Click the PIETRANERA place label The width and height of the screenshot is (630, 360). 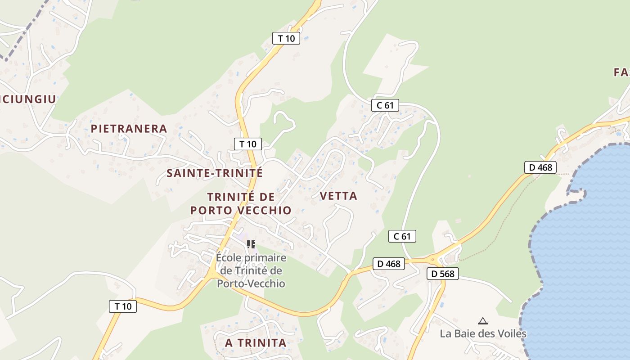coord(129,129)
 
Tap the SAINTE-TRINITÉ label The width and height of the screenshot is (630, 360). coord(214,173)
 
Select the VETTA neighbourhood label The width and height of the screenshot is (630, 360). coord(338,196)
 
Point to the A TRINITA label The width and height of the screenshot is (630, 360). coord(256,343)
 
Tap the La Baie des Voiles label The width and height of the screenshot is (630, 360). coord(483,334)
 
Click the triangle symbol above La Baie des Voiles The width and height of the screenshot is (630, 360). coord(483,321)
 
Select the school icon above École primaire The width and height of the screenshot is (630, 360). coord(251,244)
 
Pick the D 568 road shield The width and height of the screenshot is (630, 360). coord(442,274)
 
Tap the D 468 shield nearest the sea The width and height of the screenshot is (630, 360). coord(540,168)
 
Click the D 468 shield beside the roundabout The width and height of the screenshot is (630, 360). coord(388,264)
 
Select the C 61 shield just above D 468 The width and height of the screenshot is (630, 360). coord(402,236)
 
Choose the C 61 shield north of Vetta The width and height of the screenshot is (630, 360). coord(385,105)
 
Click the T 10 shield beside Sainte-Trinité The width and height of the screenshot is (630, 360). coord(247,144)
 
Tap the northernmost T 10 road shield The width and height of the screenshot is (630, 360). coord(286,38)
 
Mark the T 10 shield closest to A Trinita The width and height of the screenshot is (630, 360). coord(123,306)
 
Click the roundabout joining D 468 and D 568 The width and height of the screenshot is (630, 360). coord(433,259)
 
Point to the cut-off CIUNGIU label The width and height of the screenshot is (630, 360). coord(28,99)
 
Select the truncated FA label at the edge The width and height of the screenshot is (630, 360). coord(622,72)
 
